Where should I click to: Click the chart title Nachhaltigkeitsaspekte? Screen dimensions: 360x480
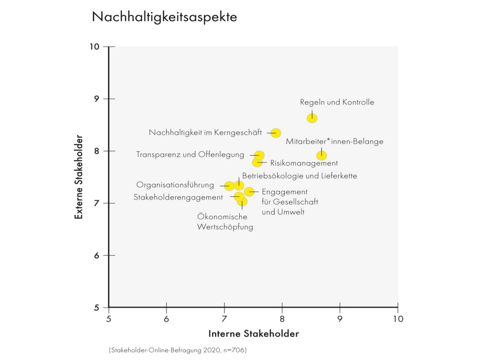click(164, 16)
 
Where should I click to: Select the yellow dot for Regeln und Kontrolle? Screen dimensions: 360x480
click(312, 118)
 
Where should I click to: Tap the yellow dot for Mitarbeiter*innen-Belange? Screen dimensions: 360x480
click(321, 155)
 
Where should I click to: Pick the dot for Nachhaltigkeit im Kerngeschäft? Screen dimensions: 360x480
click(276, 133)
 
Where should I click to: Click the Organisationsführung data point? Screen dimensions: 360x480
click(229, 186)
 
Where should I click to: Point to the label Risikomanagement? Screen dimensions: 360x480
click(304, 163)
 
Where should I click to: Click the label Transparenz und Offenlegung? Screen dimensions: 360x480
click(190, 154)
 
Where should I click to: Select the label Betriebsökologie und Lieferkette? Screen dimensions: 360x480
click(299, 176)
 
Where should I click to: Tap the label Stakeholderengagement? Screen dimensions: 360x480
click(178, 197)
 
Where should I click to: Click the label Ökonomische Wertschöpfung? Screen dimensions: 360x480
click(225, 222)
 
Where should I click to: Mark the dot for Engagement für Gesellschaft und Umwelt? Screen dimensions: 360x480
click(249, 191)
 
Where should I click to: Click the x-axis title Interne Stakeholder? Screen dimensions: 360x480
click(253, 334)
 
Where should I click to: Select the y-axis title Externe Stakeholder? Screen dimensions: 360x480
click(79, 177)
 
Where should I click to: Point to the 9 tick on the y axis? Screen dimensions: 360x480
click(97, 99)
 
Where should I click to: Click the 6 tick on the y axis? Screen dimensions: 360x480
click(97, 256)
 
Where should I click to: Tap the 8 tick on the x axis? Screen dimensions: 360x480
click(282, 319)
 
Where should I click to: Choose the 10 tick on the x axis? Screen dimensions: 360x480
click(398, 319)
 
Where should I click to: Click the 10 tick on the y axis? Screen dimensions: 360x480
click(94, 47)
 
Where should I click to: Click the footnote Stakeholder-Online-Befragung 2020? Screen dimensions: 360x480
click(178, 350)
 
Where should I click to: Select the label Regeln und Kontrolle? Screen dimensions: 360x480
click(337, 102)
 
